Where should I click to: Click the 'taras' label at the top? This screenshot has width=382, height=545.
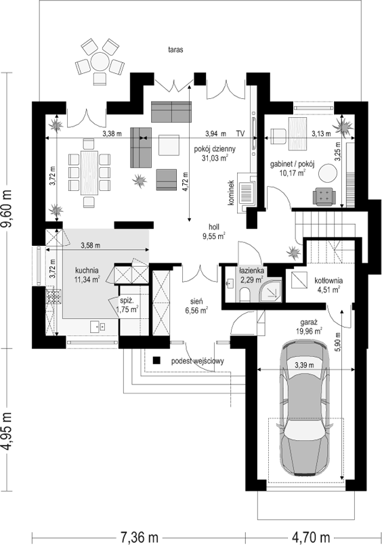[x=175, y=49]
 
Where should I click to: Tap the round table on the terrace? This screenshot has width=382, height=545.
[x=100, y=62]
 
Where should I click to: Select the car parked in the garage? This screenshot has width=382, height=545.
[x=305, y=408]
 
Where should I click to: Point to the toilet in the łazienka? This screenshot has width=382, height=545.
[x=245, y=295]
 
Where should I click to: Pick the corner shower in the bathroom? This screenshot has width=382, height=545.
[x=272, y=290]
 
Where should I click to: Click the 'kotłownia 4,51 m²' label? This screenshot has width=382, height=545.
[x=328, y=284]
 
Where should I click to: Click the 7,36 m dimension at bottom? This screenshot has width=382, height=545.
[x=139, y=537]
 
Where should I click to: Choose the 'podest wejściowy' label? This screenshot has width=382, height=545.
[x=197, y=361]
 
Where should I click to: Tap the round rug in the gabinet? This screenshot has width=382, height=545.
[x=328, y=173]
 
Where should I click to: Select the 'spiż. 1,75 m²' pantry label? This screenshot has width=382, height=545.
[x=129, y=305]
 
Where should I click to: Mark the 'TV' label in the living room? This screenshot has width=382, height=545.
[x=240, y=133]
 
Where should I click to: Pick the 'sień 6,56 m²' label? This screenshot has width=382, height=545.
[x=196, y=306]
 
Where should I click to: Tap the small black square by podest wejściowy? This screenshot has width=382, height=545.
[x=156, y=361]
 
